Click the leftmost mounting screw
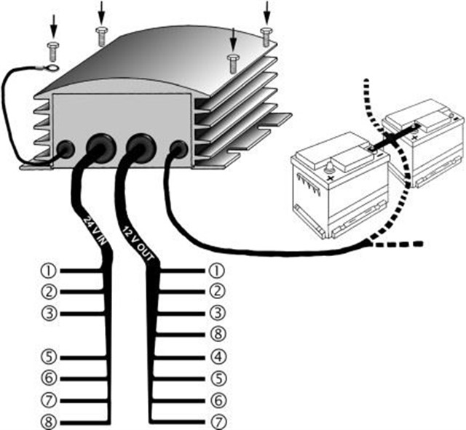[x=53, y=50]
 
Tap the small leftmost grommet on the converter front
[x=65, y=150]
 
